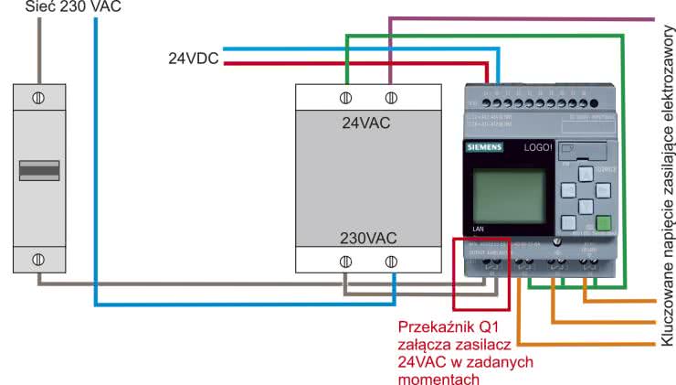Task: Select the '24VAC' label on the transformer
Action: [366, 123]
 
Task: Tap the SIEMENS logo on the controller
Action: [485, 147]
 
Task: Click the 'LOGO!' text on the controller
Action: [538, 146]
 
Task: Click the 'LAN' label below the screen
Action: [478, 229]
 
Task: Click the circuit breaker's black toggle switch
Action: [39, 170]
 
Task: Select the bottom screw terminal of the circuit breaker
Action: [39, 259]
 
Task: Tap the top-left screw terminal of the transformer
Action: [347, 97]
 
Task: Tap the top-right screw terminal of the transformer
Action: [391, 97]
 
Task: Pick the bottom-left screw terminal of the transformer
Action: [347, 262]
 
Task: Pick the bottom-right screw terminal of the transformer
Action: [391, 262]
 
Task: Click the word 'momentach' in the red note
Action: [433, 379]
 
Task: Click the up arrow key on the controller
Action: [584, 174]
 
